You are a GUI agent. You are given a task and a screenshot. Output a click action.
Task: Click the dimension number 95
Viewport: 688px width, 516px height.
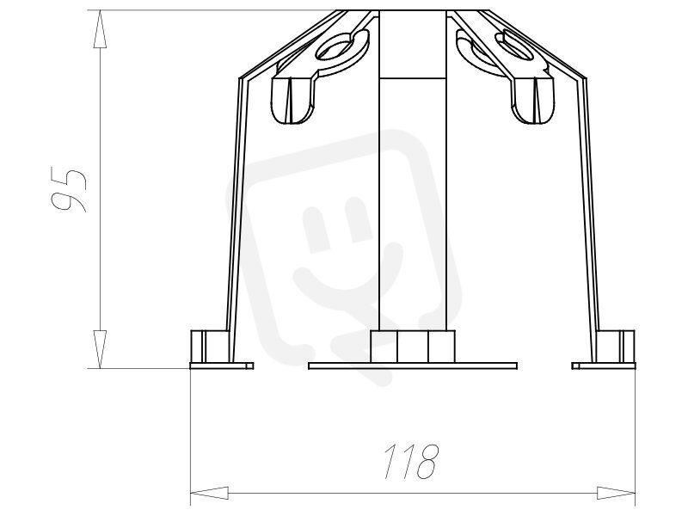click(68, 188)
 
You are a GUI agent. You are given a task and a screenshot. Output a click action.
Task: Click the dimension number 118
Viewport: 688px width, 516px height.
click(412, 462)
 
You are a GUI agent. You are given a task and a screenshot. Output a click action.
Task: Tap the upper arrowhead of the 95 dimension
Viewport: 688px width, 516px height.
click(101, 28)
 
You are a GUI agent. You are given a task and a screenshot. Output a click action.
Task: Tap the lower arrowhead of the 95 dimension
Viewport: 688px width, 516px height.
click(101, 349)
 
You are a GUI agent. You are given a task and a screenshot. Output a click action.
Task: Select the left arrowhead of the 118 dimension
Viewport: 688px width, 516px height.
click(209, 493)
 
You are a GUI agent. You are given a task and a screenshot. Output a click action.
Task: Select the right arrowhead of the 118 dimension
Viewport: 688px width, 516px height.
click(616, 493)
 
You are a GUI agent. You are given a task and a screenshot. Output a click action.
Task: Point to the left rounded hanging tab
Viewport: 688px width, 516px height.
click(293, 100)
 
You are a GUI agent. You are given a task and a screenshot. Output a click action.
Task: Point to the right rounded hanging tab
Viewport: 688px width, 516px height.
click(532, 100)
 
